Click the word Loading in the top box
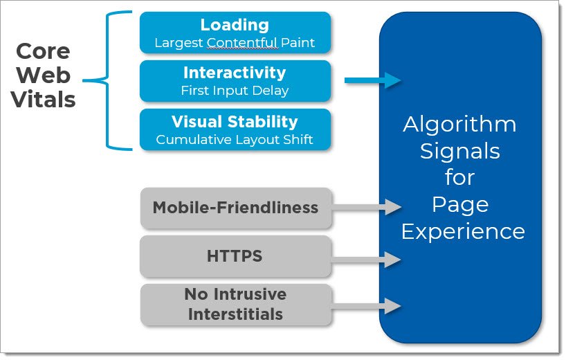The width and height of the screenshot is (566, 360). (235, 25)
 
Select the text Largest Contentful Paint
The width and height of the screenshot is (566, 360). (235, 43)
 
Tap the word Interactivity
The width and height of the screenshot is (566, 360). (235, 73)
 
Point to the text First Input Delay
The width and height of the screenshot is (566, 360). (235, 91)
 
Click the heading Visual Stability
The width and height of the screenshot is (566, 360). (235, 122)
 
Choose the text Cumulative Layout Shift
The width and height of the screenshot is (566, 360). (235, 140)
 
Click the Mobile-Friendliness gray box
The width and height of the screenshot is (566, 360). (235, 208)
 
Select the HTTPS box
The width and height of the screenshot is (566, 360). (235, 256)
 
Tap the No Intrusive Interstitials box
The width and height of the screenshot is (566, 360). (235, 304)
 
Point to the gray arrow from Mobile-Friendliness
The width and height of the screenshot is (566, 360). (367, 206)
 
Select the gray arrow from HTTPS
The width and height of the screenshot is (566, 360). (367, 260)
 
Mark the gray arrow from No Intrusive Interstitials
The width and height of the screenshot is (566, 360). (367, 305)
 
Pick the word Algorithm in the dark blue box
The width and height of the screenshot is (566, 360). (459, 125)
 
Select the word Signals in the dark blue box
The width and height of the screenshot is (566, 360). (459, 150)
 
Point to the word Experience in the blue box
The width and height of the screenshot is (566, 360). (462, 231)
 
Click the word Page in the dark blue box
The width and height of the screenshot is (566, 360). (459, 204)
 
